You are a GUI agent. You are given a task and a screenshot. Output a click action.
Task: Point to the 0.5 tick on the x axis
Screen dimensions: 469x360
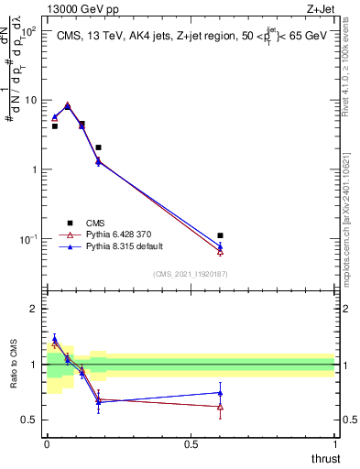[x=191, y=444]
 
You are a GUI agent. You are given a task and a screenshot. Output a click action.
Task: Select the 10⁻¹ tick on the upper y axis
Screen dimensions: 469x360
[x=28, y=239]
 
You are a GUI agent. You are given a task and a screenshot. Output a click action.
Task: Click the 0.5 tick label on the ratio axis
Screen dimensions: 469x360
[x=30, y=420]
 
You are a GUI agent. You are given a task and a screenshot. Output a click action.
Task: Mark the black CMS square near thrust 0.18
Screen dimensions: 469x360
[x=98, y=147]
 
